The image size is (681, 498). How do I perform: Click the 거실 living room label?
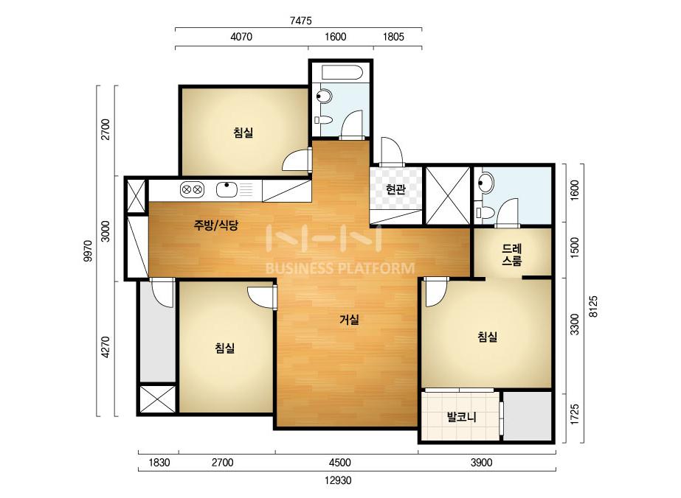[349, 320]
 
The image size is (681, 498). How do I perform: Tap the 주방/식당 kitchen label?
[216, 225]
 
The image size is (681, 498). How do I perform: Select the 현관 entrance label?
[395, 189]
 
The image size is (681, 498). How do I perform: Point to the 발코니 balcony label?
[462, 417]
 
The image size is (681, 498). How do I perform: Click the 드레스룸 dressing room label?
[512, 255]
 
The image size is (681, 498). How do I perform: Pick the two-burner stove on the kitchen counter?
[192, 189]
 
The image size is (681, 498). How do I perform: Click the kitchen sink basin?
[227, 189]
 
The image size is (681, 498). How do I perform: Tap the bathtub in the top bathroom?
[341, 72]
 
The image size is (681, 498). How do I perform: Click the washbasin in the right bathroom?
[485, 182]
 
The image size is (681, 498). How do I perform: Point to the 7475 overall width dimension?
[300, 21]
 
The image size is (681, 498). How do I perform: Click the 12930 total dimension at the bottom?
[338, 480]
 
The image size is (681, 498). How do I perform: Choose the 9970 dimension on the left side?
[88, 250]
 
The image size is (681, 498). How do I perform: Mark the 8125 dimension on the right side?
[593, 306]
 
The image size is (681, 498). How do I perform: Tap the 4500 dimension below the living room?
[339, 463]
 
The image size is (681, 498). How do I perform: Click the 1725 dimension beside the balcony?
[574, 414]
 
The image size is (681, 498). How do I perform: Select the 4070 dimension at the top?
[241, 37]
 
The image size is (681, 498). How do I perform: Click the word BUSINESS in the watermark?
[300, 268]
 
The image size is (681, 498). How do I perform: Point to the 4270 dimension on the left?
[106, 348]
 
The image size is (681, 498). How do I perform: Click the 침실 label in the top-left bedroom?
[243, 133]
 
